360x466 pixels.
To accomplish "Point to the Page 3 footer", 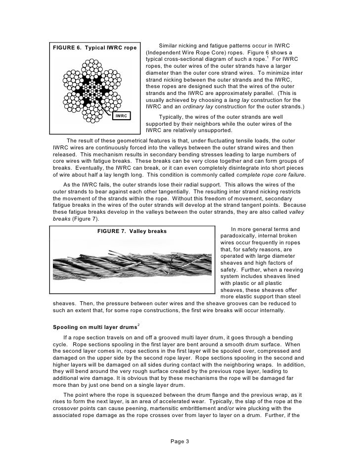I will (x=180, y=441).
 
